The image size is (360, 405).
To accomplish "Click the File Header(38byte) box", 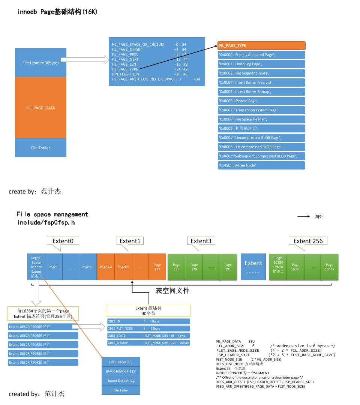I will pos(40,63).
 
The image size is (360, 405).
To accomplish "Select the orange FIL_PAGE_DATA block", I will pos(40,108).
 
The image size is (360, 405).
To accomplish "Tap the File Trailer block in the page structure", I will pos(40,147).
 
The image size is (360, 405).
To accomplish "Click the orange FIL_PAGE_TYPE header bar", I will pos(261,45).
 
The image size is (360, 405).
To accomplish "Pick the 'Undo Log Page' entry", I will pos(261,64).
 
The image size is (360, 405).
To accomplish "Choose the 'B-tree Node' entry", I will pos(261,165).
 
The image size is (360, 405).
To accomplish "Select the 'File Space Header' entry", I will pos(261,119).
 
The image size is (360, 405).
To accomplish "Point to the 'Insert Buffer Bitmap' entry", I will pos(261,91).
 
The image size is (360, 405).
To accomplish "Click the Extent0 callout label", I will pos(63,241).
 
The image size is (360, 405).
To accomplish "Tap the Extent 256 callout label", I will pos(308,241).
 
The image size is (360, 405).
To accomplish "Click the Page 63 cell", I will pos(87,267).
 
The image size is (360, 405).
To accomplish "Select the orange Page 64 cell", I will pos(106,267).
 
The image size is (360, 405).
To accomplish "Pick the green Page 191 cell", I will pos(228,267).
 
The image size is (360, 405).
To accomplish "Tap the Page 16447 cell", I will pos(329,267).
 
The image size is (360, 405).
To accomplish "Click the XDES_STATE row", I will pos(148,336).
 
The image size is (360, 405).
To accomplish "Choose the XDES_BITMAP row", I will pos(148,343).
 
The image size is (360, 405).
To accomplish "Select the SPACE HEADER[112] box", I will pos(121,371).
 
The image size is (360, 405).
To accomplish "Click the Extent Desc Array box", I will pos(121,381).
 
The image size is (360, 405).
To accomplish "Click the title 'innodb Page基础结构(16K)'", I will pos(57,12).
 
